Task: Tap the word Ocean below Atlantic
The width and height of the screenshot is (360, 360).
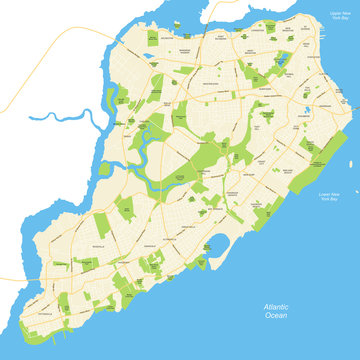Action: click(x=276, y=316)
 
